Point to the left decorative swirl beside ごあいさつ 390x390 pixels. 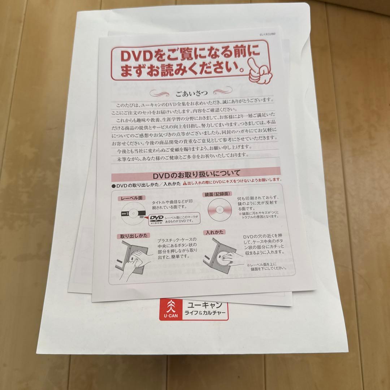161,94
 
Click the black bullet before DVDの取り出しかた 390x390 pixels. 113,185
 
